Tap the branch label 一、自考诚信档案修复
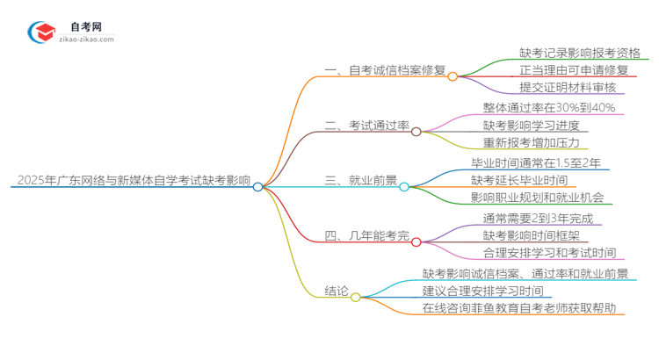point(386,72)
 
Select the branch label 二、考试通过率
point(367,126)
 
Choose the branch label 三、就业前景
point(361,182)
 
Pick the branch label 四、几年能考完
point(367,237)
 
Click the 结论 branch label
point(337,292)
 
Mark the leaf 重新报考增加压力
point(531,143)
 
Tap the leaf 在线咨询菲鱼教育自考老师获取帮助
point(525,309)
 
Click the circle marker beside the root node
point(257,186)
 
